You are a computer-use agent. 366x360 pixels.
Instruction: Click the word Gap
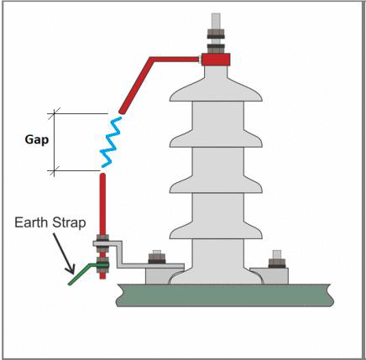coord(37,140)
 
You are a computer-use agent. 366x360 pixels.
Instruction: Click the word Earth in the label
coord(32,222)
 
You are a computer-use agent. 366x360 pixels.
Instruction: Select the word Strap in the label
coord(69,223)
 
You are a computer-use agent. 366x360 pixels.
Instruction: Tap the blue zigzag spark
coord(111,142)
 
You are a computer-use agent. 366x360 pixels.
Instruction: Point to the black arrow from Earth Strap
coord(64,253)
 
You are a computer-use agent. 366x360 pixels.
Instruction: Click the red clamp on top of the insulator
coord(216,60)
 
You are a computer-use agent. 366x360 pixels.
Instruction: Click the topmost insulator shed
coord(216,91)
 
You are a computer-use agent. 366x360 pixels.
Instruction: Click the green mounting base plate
coord(225,295)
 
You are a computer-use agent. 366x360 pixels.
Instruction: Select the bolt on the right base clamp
coord(277,259)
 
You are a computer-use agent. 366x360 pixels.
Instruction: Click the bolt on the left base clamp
coord(157,257)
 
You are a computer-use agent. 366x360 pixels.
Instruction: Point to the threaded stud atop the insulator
coord(216,33)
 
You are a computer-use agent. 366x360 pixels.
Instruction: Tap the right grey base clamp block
coord(269,276)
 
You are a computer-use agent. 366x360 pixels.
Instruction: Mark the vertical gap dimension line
coord(54,142)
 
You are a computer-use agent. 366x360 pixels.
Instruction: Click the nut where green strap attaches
coord(102,265)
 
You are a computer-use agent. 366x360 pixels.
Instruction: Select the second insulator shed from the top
coord(216,138)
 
